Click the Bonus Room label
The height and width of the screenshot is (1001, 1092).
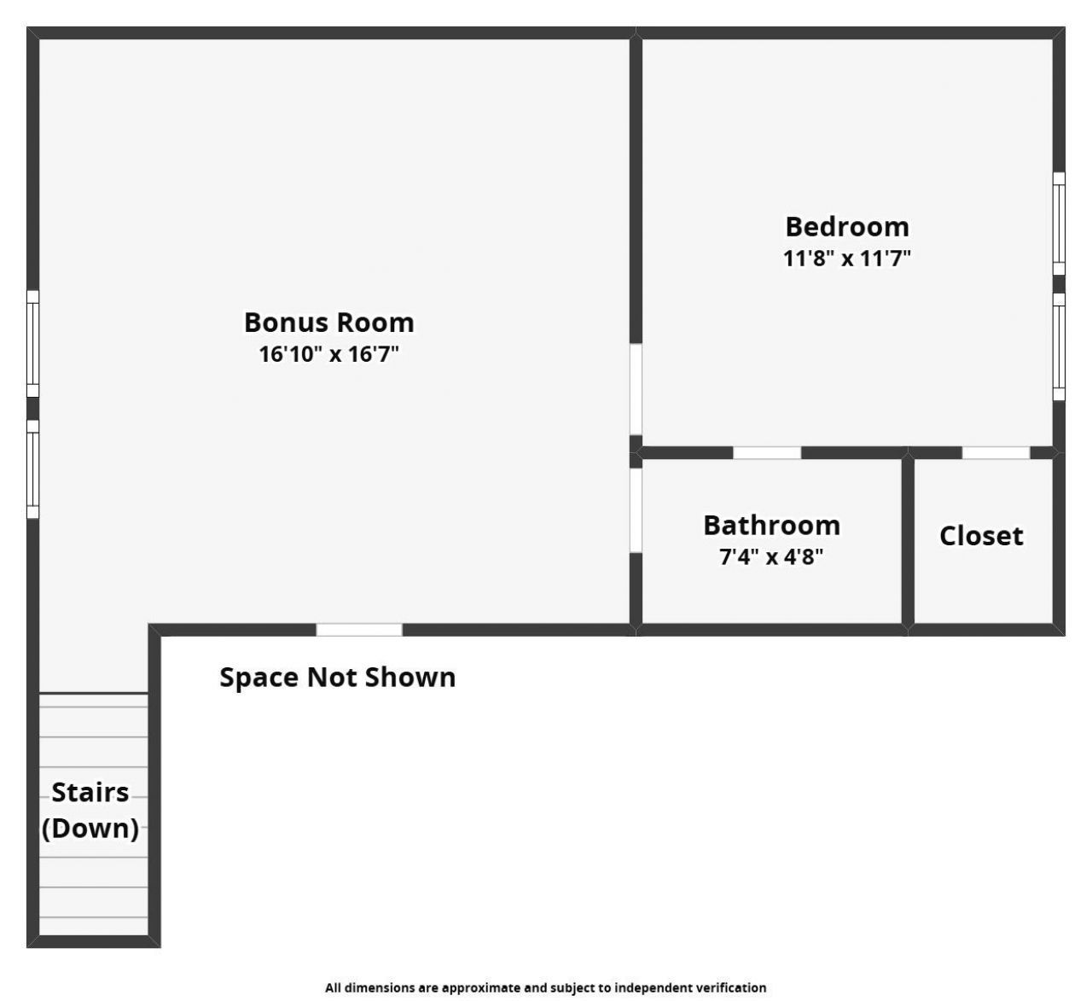click(328, 323)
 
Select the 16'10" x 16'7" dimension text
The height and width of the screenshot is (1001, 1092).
click(328, 353)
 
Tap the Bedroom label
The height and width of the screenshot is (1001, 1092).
click(846, 227)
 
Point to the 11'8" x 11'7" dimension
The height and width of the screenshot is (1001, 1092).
click(846, 258)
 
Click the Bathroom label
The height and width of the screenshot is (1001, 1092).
click(771, 526)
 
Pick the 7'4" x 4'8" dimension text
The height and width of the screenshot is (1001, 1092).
click(771, 557)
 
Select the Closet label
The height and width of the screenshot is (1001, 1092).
click(981, 536)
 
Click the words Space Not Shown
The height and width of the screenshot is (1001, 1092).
click(337, 678)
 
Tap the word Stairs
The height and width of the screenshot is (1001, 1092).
click(90, 793)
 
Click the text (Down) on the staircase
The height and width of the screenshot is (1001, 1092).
click(90, 829)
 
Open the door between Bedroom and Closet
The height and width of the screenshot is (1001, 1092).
click(996, 452)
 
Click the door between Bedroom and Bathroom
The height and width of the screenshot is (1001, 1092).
click(767, 452)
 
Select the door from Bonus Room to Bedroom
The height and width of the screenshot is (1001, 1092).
click(636, 389)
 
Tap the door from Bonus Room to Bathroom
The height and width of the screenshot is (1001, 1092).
click(636, 509)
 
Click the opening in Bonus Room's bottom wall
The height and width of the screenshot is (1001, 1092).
click(359, 630)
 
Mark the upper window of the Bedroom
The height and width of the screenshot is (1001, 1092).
click(1059, 224)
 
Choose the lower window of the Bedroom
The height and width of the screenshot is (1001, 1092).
click(1059, 346)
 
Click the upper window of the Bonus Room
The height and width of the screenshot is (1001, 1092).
click(32, 344)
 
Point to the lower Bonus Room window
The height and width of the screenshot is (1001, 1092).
click(32, 468)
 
